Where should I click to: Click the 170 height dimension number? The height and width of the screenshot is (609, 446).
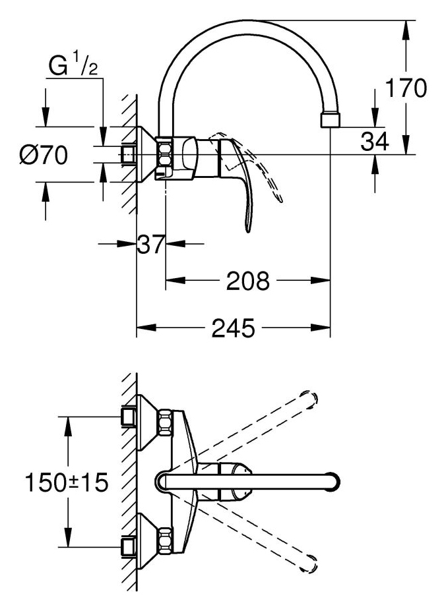coord(406,88)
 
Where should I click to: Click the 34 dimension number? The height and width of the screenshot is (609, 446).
coord(375,141)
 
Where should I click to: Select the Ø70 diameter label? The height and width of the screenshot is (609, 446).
coord(44,155)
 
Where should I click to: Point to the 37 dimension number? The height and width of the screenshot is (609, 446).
coord(151,245)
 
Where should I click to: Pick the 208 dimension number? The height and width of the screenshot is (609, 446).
coord(247,281)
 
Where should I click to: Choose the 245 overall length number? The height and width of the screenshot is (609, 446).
coord(234,328)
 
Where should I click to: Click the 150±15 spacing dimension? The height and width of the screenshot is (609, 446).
coord(66,482)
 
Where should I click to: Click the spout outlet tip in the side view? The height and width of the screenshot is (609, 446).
coord(330,120)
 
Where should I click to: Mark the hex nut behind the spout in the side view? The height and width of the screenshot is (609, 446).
coord(164,152)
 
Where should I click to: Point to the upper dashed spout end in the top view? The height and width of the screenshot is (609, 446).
coord(309,398)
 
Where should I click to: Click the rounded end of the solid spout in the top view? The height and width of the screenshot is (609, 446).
coord(333,482)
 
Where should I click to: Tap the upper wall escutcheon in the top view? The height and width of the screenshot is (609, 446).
coord(147,423)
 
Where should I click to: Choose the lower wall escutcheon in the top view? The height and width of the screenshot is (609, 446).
coord(147,541)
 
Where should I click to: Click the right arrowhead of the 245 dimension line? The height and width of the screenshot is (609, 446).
coord(321,328)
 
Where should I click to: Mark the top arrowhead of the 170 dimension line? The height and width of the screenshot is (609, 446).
coord(406,30)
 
